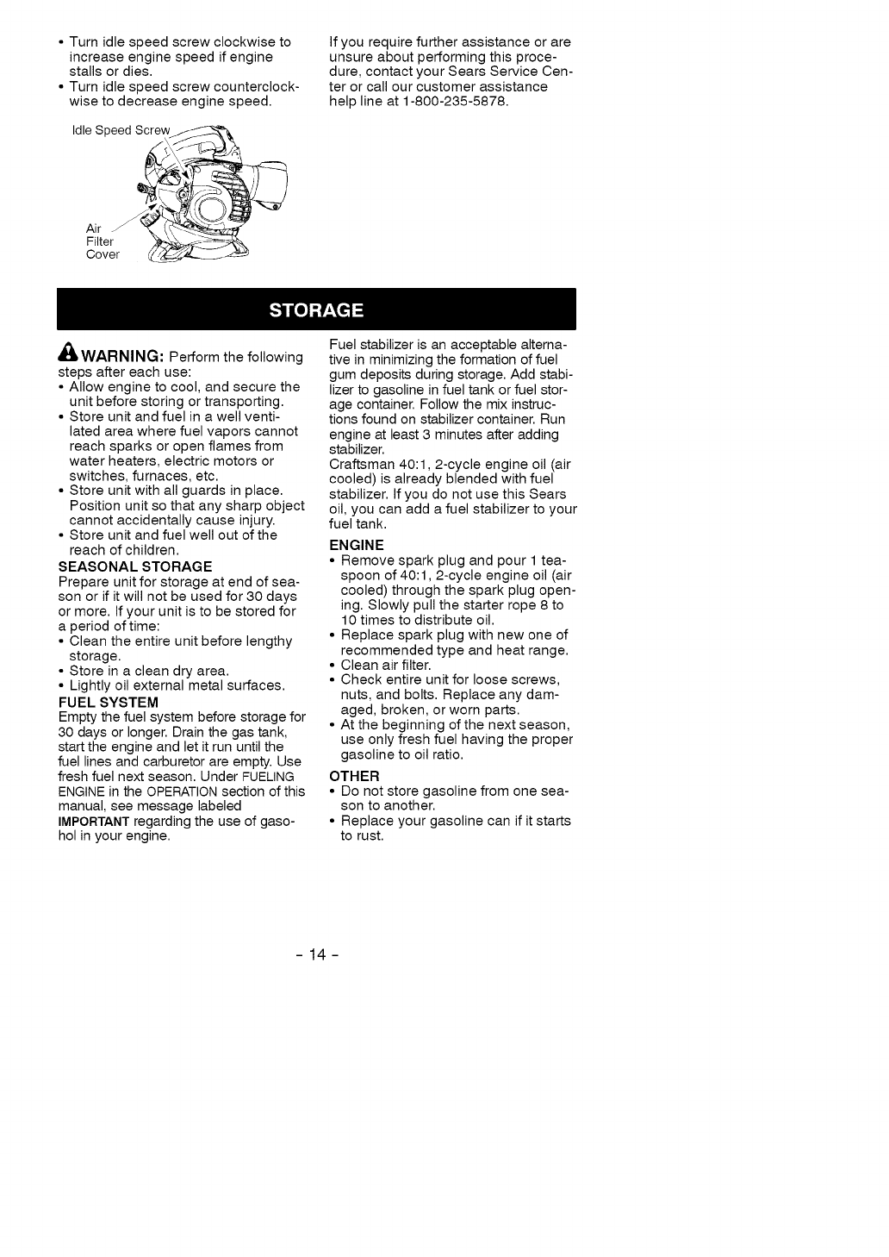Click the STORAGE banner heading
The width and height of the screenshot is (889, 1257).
coord(316,310)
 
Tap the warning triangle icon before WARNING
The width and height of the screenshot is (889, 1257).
coord(68,355)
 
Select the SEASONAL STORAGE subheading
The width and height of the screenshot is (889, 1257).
coord(135,566)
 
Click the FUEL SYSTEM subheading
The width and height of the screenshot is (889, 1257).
coord(109,703)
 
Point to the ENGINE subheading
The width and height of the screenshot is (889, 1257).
coord(357,546)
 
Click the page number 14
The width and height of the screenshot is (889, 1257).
coord(316,954)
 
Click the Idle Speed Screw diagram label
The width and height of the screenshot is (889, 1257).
coord(121,131)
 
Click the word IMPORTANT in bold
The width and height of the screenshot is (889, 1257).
coord(94,821)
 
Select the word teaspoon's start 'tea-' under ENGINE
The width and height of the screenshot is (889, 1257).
coord(552,560)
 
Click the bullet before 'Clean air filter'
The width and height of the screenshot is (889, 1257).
coord(333,666)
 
